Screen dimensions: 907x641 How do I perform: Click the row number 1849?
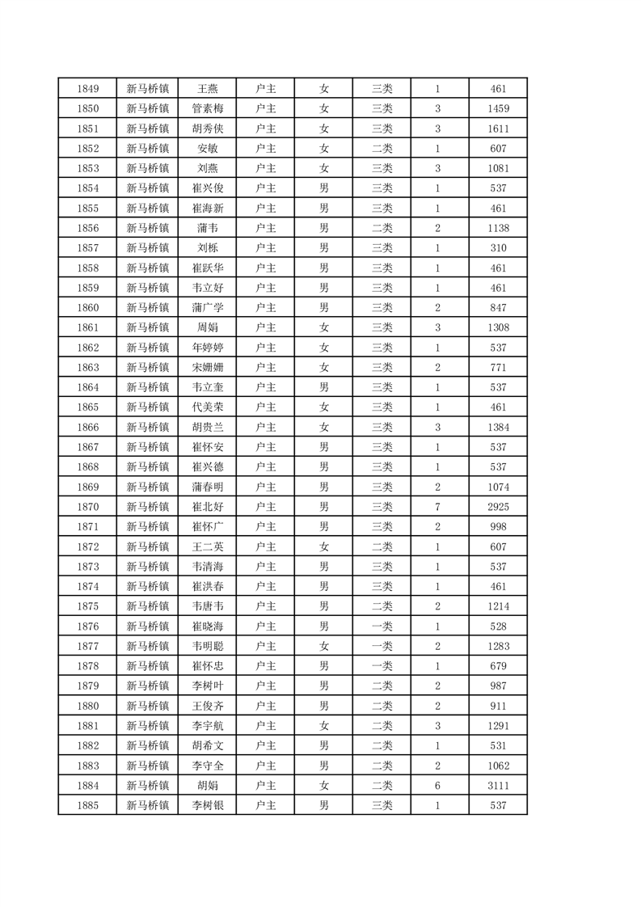click(87, 89)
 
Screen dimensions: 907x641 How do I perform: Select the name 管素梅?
click(207, 109)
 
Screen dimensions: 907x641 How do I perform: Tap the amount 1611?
click(498, 129)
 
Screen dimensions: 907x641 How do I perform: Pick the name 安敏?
click(207, 149)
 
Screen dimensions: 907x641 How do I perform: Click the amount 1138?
click(498, 228)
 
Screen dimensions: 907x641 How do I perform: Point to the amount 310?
click(498, 248)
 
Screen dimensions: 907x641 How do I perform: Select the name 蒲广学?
click(207, 308)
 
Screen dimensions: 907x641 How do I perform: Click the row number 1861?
click(87, 327)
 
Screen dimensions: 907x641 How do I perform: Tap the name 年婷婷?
click(207, 348)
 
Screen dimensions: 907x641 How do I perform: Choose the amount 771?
click(498, 367)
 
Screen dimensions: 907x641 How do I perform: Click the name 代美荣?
click(207, 407)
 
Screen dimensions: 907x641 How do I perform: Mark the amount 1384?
click(498, 427)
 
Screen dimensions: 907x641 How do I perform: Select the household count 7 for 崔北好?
click(437, 507)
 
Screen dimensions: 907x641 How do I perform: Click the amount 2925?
click(498, 507)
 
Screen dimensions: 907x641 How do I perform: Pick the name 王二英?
click(207, 546)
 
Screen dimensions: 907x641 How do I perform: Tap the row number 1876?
click(87, 626)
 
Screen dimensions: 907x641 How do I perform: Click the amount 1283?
click(498, 646)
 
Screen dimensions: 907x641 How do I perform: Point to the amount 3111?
click(498, 785)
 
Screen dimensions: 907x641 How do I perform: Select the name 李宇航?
click(207, 725)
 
